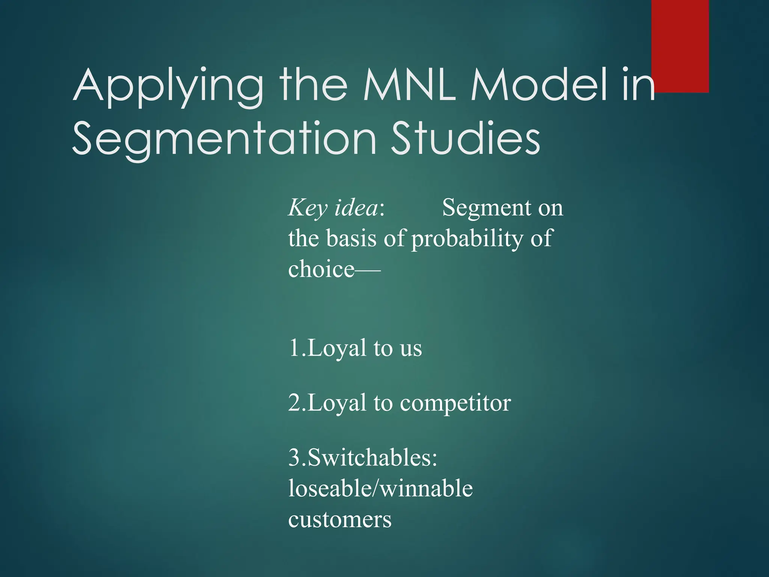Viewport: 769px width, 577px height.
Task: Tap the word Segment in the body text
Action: point(488,208)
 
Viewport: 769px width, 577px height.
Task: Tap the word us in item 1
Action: point(411,349)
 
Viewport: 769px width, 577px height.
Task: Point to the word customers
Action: point(340,520)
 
